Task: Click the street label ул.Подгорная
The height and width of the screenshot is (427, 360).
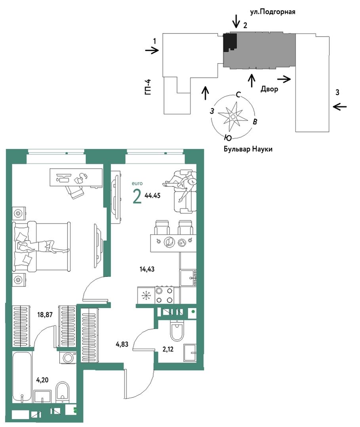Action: pyautogui.click(x=272, y=12)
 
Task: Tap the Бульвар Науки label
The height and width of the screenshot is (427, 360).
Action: pyautogui.click(x=248, y=149)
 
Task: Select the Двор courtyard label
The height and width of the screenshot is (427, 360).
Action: pyautogui.click(x=269, y=89)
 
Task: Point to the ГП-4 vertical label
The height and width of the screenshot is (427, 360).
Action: pyautogui.click(x=148, y=87)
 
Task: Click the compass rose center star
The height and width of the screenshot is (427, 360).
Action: pyautogui.click(x=233, y=117)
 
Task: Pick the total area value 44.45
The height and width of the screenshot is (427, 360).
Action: pyautogui.click(x=152, y=195)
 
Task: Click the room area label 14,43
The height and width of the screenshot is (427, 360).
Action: pyautogui.click(x=147, y=269)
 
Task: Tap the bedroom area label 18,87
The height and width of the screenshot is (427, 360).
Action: pyautogui.click(x=45, y=315)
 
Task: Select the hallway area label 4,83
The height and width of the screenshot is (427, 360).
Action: pyautogui.click(x=122, y=344)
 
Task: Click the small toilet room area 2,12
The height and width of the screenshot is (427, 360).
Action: pyautogui.click(x=168, y=349)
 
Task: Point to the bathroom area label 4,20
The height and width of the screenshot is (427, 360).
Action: pyautogui.click(x=42, y=380)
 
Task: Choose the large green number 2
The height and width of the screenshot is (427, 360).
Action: pyautogui.click(x=137, y=197)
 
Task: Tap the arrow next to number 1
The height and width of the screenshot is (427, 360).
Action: pyautogui.click(x=152, y=50)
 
